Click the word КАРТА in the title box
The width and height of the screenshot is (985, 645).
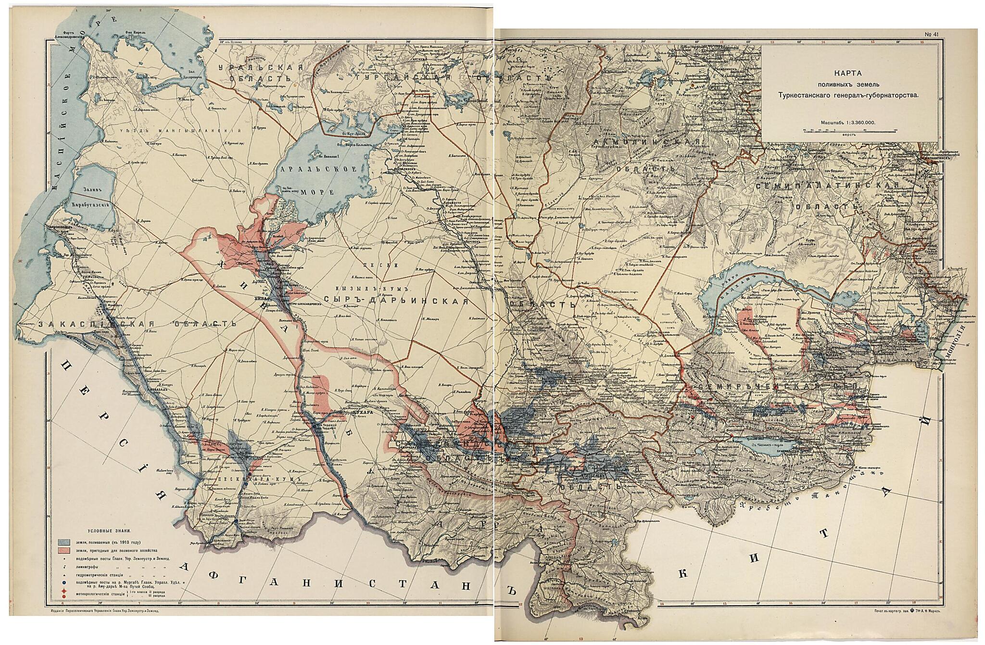pyautogui.click(x=849, y=75)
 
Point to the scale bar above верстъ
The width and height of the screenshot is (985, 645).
pyautogui.click(x=850, y=130)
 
